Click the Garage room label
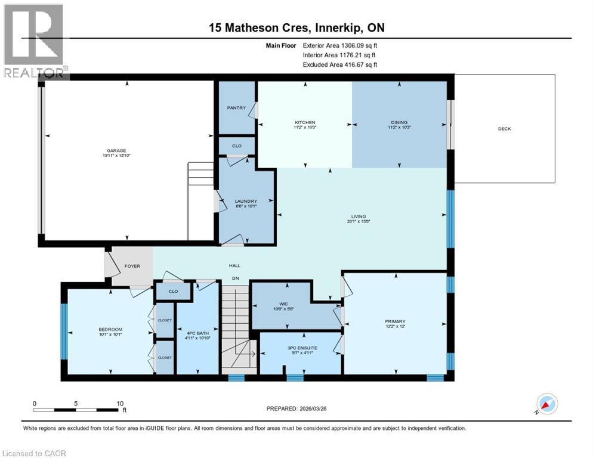(116, 150)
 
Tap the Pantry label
(236, 108)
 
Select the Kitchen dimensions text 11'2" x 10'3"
(304, 128)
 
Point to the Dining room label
(399, 122)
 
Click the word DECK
(505, 129)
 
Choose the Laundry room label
(246, 201)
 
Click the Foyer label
(132, 266)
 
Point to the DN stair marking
(236, 278)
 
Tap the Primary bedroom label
(394, 321)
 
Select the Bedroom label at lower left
(110, 330)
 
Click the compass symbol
(546, 404)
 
